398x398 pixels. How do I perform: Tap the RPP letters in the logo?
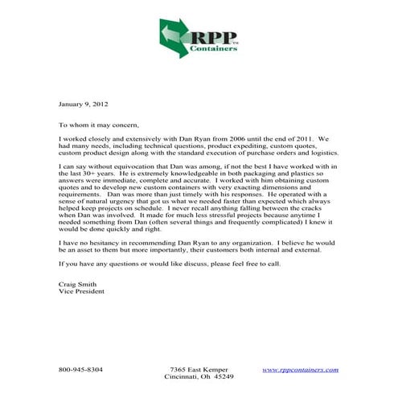click(x=212, y=35)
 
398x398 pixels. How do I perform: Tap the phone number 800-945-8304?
click(x=80, y=369)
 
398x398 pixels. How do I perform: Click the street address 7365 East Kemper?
click(x=199, y=369)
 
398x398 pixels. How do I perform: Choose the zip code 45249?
click(x=222, y=376)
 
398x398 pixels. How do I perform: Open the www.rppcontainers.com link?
click(x=300, y=369)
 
